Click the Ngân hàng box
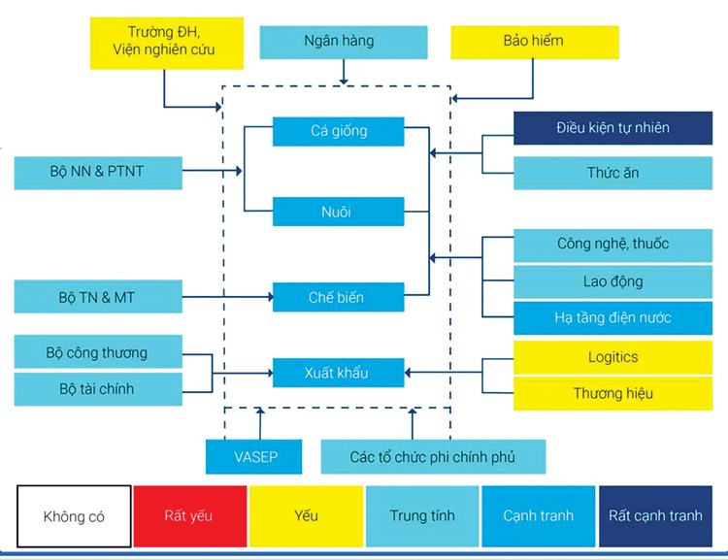pyautogui.click(x=344, y=43)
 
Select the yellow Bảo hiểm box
pyautogui.click(x=535, y=43)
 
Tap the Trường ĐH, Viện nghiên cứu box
pyautogui.click(x=167, y=43)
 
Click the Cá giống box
pyautogui.click(x=339, y=131)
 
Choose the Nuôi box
pyautogui.click(x=339, y=212)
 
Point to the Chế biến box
pyautogui.click(x=339, y=297)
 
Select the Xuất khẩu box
pyautogui.click(x=339, y=373)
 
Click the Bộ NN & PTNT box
pyautogui.click(x=98, y=173)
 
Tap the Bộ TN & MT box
pyautogui.click(x=98, y=296)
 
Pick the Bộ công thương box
pyautogui.click(x=98, y=351)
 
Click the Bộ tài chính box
pyautogui.click(x=98, y=389)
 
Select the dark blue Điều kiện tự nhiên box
pyautogui.click(x=612, y=128)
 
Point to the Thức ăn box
pyautogui.click(x=612, y=173)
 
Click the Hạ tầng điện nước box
pyautogui.click(x=612, y=318)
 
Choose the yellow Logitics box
pyautogui.click(x=612, y=357)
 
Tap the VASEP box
pyautogui.click(x=254, y=457)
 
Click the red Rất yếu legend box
pyautogui.click(x=190, y=516)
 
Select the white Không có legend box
pyautogui.click(x=74, y=516)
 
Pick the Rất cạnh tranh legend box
pyautogui.click(x=655, y=516)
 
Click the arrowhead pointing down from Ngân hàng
pyautogui.click(x=344, y=82)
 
